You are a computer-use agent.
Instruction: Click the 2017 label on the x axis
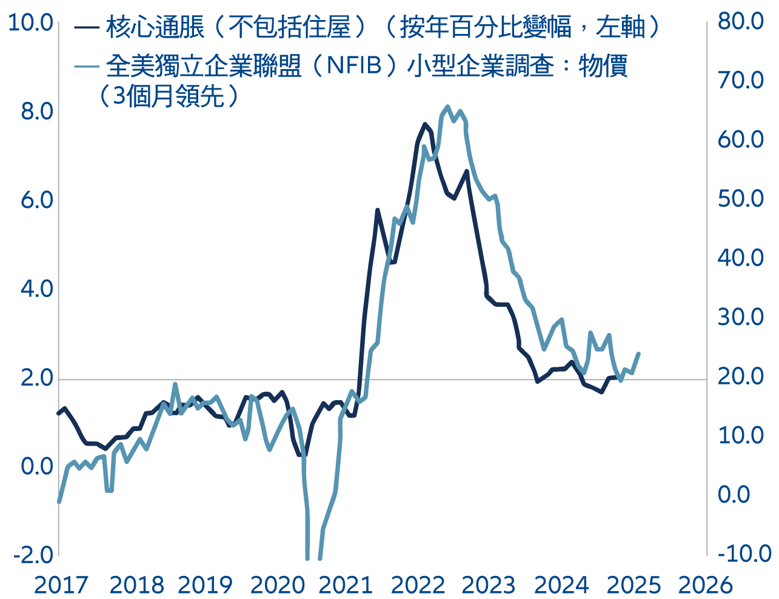[x=61, y=585]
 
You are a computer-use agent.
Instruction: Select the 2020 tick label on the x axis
[x=278, y=585]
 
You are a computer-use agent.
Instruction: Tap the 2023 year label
[x=489, y=585]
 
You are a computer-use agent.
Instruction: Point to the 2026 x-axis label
[x=705, y=585]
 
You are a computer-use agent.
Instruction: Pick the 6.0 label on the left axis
[x=36, y=200]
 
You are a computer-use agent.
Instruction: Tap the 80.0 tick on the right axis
[x=741, y=21]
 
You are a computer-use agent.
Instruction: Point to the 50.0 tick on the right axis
[x=741, y=198]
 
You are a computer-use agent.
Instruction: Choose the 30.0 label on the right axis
[x=741, y=316]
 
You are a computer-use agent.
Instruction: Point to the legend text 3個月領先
[x=167, y=96]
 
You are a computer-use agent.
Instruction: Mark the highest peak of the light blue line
[x=447, y=107]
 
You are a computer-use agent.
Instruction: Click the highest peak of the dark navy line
[x=425, y=124]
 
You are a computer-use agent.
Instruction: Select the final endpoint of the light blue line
[x=639, y=353]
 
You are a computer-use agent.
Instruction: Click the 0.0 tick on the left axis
[x=36, y=466]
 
